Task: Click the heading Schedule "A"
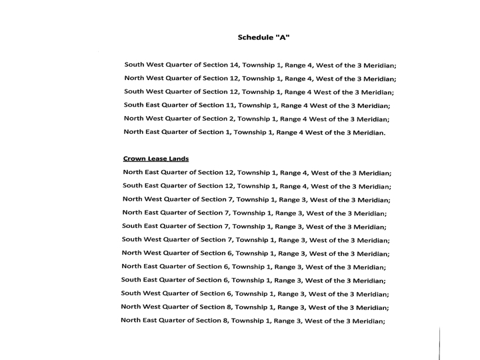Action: point(264,37)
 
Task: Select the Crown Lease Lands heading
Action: point(156,159)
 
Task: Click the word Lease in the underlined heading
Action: point(160,159)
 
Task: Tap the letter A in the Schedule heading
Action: point(283,37)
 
